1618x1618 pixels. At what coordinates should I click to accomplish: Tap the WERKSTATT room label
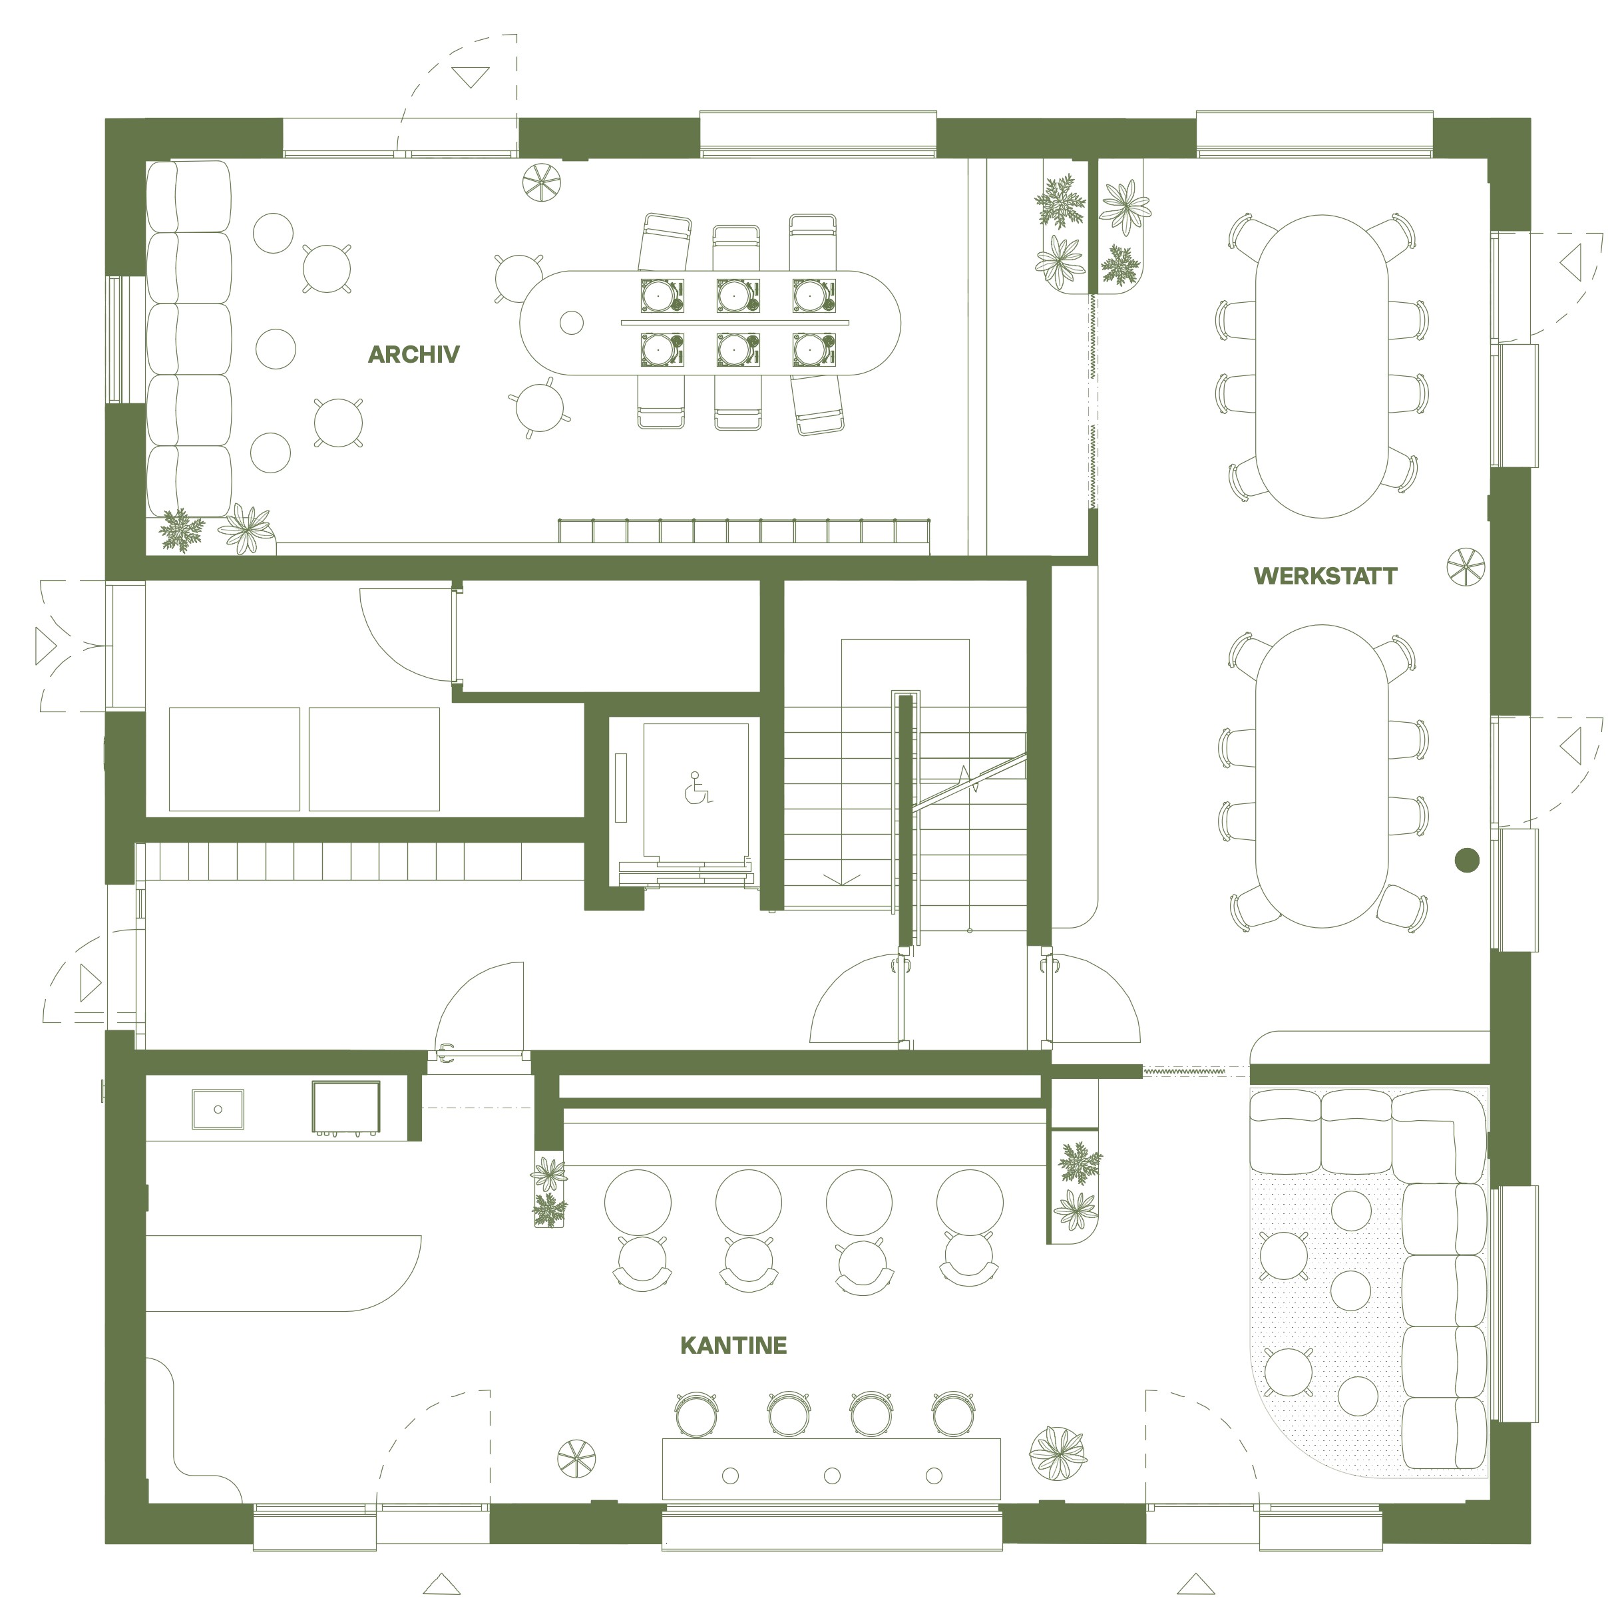tap(1325, 576)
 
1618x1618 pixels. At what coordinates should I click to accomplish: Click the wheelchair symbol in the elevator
tap(698, 788)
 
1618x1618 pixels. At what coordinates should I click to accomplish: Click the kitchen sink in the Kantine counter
tap(218, 1110)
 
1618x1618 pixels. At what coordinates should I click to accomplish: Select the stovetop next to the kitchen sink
tap(346, 1108)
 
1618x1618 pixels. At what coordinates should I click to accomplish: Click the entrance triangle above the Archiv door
tap(471, 77)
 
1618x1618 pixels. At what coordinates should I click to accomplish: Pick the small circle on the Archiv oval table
tap(571, 322)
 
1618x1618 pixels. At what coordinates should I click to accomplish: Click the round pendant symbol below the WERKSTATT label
tap(1466, 567)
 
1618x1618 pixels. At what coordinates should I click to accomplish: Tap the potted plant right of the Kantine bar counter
tap(1058, 1453)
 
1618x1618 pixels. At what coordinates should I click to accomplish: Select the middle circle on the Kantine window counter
tap(831, 1476)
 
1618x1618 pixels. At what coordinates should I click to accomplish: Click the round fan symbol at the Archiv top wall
tap(542, 182)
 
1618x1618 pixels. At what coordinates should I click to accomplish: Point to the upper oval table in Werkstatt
tap(1322, 366)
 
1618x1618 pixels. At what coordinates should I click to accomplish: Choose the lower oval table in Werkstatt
tap(1322, 776)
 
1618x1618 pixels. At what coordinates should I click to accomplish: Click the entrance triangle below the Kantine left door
tap(441, 1583)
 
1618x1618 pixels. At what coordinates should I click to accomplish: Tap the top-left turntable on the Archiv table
tap(662, 295)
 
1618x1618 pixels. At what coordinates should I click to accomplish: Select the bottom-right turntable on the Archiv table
tap(814, 349)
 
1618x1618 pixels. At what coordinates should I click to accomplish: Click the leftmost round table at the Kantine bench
tap(638, 1202)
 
